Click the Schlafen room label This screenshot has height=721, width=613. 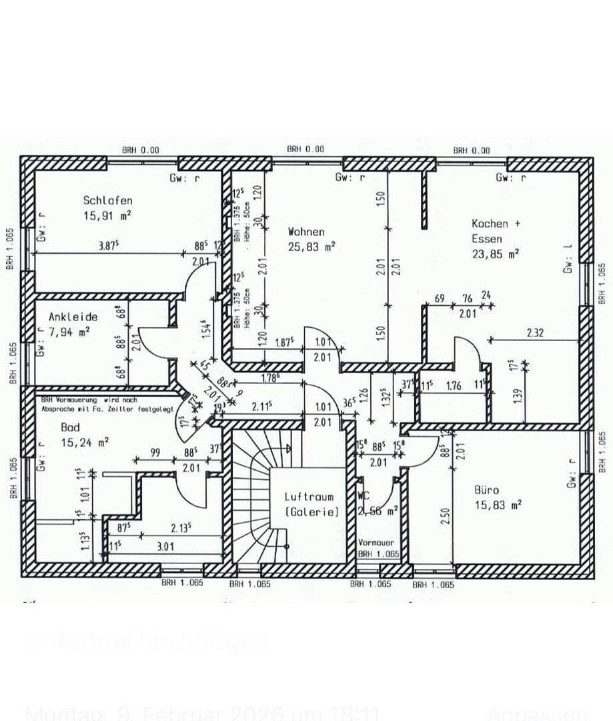[x=107, y=200]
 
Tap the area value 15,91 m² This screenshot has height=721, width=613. [x=107, y=216]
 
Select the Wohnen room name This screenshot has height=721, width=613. [x=306, y=232]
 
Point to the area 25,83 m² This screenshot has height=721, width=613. [x=311, y=247]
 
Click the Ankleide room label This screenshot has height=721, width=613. [x=73, y=316]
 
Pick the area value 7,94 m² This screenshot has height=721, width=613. [x=69, y=330]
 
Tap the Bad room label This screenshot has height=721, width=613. [x=70, y=427]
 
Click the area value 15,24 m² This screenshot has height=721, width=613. [x=85, y=441]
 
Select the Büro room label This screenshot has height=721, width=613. [x=486, y=489]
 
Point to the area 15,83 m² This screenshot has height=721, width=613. [x=498, y=505]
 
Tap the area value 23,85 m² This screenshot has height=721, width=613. [x=495, y=254]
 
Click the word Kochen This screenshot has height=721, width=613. [x=490, y=224]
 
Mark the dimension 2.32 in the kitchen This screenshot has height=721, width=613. [x=536, y=332]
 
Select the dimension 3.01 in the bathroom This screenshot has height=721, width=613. [x=165, y=546]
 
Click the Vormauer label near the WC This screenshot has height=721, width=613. [x=376, y=543]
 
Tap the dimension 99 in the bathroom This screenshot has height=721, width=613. [x=155, y=453]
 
